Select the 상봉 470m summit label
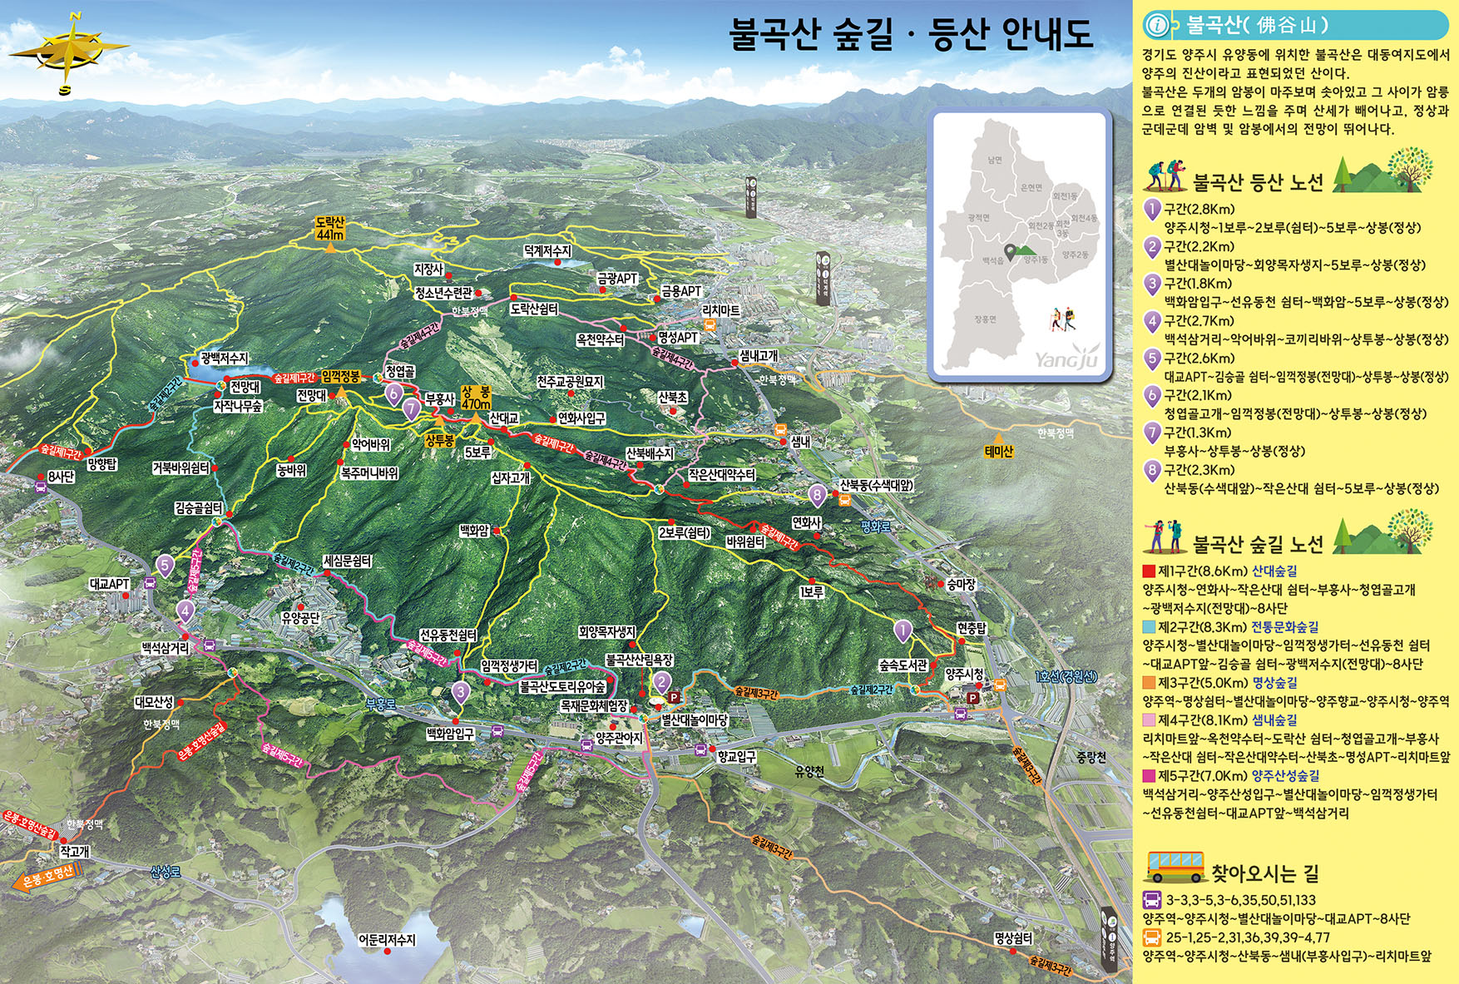(x=476, y=398)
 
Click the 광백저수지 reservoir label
(x=224, y=358)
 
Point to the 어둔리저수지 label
(x=387, y=939)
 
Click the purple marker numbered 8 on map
(x=818, y=495)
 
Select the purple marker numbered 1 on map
(x=903, y=630)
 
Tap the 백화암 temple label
(x=474, y=531)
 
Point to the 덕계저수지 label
(x=547, y=250)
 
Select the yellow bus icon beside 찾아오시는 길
(x=1175, y=867)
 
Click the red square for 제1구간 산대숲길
(x=1149, y=571)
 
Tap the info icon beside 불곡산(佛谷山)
(x=1157, y=26)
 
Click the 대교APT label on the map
(x=110, y=584)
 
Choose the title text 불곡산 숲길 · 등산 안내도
(x=910, y=35)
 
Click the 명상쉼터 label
(x=1013, y=938)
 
